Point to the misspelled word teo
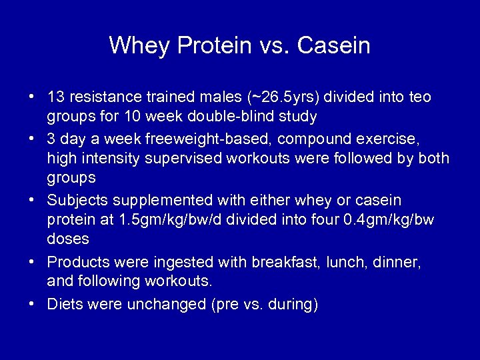coord(419,97)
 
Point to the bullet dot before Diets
coord(32,305)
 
